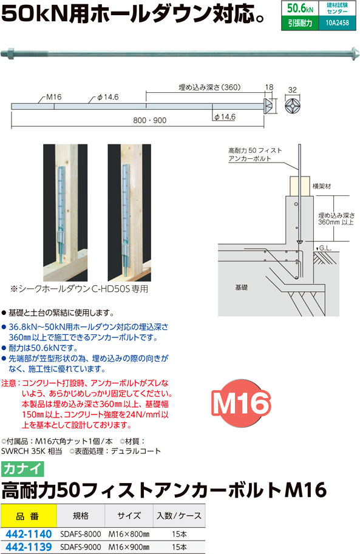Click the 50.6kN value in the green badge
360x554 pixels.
[300, 8]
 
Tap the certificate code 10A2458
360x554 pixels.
[337, 23]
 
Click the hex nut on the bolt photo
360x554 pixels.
[10, 54]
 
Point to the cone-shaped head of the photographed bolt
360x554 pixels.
[355, 53]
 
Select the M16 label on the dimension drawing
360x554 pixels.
[54, 97]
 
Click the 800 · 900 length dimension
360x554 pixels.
[149, 121]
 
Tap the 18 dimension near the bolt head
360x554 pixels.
[269, 87]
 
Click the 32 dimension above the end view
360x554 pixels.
[293, 90]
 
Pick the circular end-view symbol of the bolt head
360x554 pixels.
[293, 106]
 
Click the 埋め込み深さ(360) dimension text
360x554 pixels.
[209, 87]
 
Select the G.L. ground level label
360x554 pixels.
[325, 248]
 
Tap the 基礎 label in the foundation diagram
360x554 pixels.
[241, 288]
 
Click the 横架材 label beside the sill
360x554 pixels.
[322, 186]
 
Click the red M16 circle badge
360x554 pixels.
[241, 403]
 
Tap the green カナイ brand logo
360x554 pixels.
[22, 469]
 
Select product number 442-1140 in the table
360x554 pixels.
[29, 534]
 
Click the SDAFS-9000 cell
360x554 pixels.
[81, 547]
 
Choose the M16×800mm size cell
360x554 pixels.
[129, 534]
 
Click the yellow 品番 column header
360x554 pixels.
[29, 516]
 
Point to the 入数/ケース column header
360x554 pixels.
[179, 516]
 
